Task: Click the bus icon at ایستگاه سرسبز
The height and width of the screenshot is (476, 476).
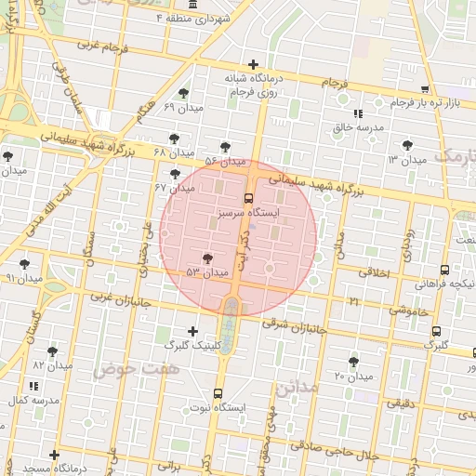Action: (247, 197)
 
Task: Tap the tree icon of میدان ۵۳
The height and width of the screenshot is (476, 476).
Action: (206, 258)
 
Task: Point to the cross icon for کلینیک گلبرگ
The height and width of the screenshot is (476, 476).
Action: (193, 331)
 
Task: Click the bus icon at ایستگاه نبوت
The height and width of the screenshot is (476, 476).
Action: (218, 393)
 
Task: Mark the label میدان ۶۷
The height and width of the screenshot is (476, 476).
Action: (173, 188)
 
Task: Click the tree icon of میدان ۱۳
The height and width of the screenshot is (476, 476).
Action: (406, 145)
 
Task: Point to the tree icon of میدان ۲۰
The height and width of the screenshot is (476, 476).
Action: (352, 362)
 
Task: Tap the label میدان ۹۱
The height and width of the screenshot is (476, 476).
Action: (24, 278)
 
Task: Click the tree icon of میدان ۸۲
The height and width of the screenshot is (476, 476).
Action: (51, 350)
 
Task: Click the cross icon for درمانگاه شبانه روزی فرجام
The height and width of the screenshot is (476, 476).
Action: (253, 64)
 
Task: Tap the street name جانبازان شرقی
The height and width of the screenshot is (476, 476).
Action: (296, 326)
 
